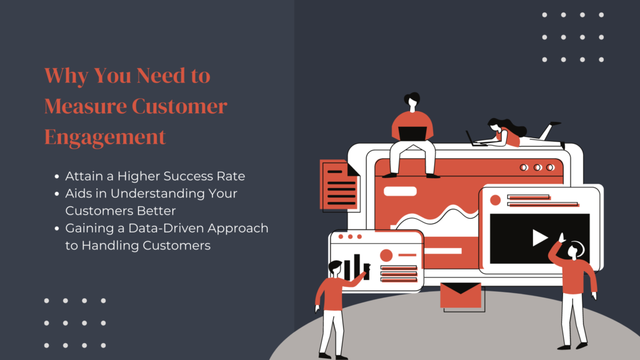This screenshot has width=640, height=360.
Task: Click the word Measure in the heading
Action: tap(86, 106)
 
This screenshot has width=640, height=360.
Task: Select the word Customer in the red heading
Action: tap(179, 106)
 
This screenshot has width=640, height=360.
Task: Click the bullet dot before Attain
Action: tap(57, 177)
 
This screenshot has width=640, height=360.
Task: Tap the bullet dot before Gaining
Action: tap(57, 229)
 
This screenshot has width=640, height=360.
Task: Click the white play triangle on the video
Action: tap(539, 238)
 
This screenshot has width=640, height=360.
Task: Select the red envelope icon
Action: tap(461, 295)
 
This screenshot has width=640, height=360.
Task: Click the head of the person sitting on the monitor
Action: tap(412, 101)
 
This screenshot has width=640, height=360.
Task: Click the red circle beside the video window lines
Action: tap(495, 200)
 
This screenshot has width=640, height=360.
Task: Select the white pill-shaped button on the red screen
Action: tap(400, 191)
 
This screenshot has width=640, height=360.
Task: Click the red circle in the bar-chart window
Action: tap(386, 256)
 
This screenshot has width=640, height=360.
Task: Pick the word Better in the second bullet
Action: tap(156, 211)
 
